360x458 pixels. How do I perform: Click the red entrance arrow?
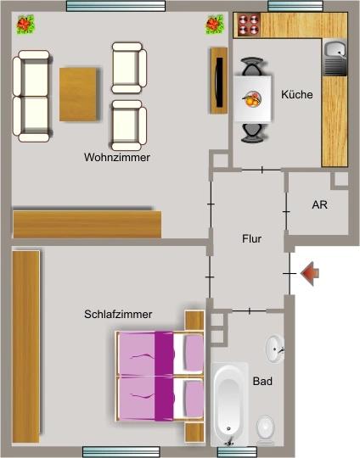[309, 274]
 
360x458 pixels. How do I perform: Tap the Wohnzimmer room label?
[117, 158]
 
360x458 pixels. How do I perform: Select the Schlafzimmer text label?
[118, 315]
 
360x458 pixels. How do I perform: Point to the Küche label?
[297, 94]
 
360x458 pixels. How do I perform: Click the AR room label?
[319, 204]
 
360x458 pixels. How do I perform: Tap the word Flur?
[251, 238]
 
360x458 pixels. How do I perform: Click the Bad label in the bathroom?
[262, 381]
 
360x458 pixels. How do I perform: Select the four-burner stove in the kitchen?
[249, 25]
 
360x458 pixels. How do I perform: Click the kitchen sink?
[335, 58]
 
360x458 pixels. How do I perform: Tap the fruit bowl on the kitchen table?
[252, 99]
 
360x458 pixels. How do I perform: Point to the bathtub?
[229, 405]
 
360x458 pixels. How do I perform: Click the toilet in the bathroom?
[265, 430]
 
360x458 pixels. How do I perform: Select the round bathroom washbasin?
[275, 349]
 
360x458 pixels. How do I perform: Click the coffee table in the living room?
[78, 94]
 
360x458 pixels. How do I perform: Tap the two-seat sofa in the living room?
[31, 96]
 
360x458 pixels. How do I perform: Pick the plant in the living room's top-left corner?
[25, 25]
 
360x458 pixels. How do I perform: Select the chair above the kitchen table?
[251, 67]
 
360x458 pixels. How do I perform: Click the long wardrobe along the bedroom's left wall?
[26, 346]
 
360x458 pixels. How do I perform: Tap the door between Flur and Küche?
[262, 170]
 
